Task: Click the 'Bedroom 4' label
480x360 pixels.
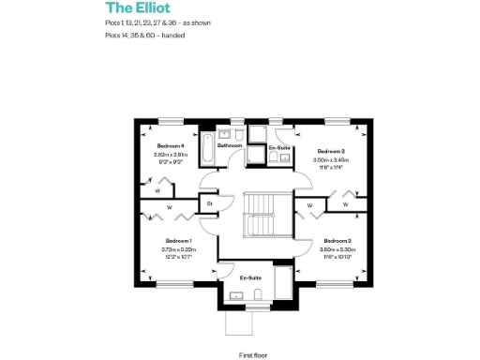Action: click(170, 146)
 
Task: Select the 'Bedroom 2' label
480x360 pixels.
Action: click(331, 151)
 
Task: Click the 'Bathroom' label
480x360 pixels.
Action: click(230, 146)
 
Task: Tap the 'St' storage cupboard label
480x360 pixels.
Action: click(210, 202)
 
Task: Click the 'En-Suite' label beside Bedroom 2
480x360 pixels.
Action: click(278, 149)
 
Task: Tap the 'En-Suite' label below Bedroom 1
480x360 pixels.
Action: click(249, 278)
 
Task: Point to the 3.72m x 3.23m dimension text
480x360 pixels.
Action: click(178, 249)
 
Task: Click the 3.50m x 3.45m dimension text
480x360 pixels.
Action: click(331, 160)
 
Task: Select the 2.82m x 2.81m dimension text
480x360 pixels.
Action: click(170, 155)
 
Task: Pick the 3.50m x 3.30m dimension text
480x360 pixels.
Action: click(336, 249)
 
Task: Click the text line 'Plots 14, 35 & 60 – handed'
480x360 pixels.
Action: click(144, 36)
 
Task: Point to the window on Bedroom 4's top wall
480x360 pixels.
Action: click(170, 119)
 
